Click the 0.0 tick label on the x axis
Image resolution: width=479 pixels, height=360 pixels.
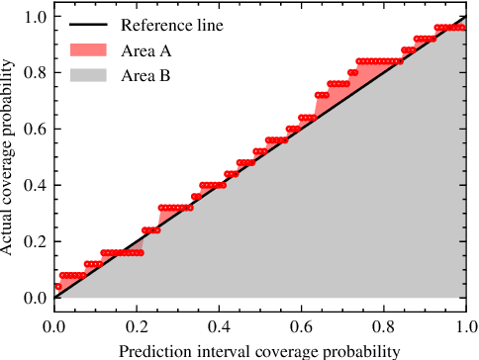54,326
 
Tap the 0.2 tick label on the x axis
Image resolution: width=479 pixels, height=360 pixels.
137,326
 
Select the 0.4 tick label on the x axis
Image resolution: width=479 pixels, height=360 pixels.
219,326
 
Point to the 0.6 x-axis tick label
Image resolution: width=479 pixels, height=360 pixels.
301,326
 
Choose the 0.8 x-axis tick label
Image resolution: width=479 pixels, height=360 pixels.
383,326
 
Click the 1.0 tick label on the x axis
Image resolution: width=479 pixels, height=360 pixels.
464,326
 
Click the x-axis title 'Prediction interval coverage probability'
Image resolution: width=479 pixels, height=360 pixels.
259,350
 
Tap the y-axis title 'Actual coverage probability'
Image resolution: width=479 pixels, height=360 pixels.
9,157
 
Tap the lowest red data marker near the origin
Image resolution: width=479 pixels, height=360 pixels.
58,286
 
